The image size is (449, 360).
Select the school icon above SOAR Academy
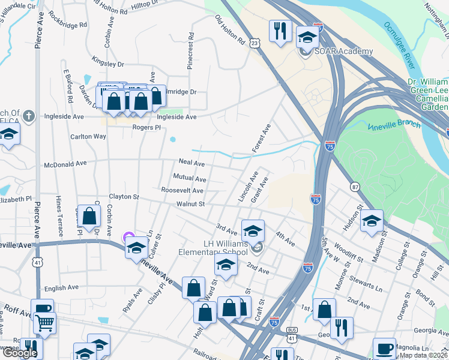coord(308,38)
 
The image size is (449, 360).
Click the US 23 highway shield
coord(255,43)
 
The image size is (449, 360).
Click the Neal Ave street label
coord(192,163)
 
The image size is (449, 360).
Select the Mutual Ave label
coord(190,177)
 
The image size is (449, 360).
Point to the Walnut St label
coord(191,204)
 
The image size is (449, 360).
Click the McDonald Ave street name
coord(65,163)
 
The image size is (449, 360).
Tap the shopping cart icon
coord(44,324)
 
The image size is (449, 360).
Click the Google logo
coord(20,353)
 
